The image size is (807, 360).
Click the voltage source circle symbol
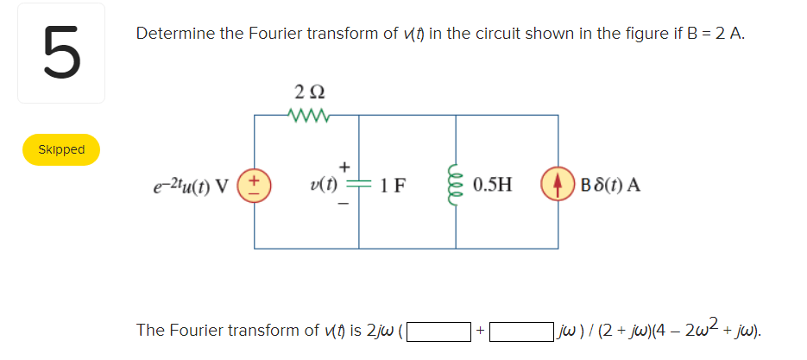[x=254, y=186]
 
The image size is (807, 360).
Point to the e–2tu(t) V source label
[x=188, y=185]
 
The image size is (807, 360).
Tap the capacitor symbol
[x=356, y=185]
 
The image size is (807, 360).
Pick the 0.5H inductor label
[x=492, y=185]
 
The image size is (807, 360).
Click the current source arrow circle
[x=554, y=186]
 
